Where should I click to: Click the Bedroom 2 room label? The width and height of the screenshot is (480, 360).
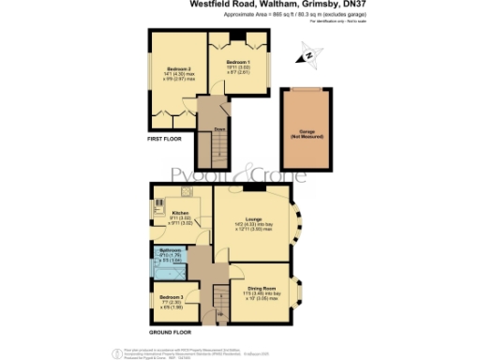179,68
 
